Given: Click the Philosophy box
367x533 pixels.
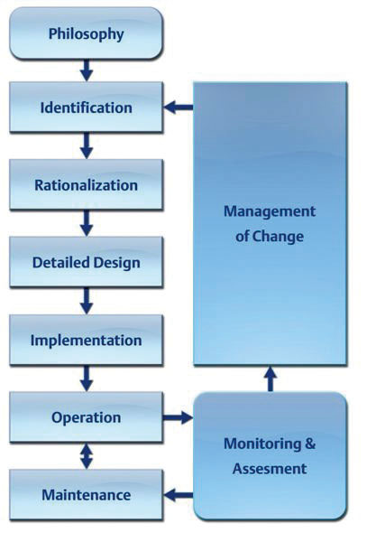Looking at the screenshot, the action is [x=87, y=33].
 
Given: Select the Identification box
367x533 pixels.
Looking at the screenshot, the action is [x=87, y=108].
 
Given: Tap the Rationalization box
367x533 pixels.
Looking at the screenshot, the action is [x=87, y=184].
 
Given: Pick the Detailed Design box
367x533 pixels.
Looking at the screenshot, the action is [x=87, y=262].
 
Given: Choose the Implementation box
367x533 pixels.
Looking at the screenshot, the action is [x=87, y=340].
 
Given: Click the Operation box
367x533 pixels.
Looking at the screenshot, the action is [x=87, y=417].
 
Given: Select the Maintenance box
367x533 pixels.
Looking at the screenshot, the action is [x=87, y=494].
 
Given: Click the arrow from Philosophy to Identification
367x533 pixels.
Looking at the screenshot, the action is [x=87, y=70].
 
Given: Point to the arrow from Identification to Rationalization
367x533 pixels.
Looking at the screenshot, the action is [x=87, y=145].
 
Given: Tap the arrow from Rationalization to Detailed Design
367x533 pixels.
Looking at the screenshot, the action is [x=87, y=223].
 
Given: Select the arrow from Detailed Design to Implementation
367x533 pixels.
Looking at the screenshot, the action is [x=87, y=301].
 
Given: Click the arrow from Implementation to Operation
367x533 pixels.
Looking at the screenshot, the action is [x=87, y=379].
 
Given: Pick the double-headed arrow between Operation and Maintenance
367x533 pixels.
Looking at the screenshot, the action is [x=87, y=456].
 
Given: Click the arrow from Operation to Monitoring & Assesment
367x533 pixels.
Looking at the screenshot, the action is [x=178, y=417].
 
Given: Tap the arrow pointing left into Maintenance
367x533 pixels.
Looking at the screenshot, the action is [x=179, y=494].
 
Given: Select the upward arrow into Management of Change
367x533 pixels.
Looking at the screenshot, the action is [x=271, y=379].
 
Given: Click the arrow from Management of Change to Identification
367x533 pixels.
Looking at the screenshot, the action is [x=179, y=108].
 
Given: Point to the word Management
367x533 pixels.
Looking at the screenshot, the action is [x=270, y=211].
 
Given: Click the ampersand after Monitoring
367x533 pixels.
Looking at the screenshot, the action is [x=310, y=444].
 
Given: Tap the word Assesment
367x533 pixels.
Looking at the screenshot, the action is [x=270, y=469].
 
